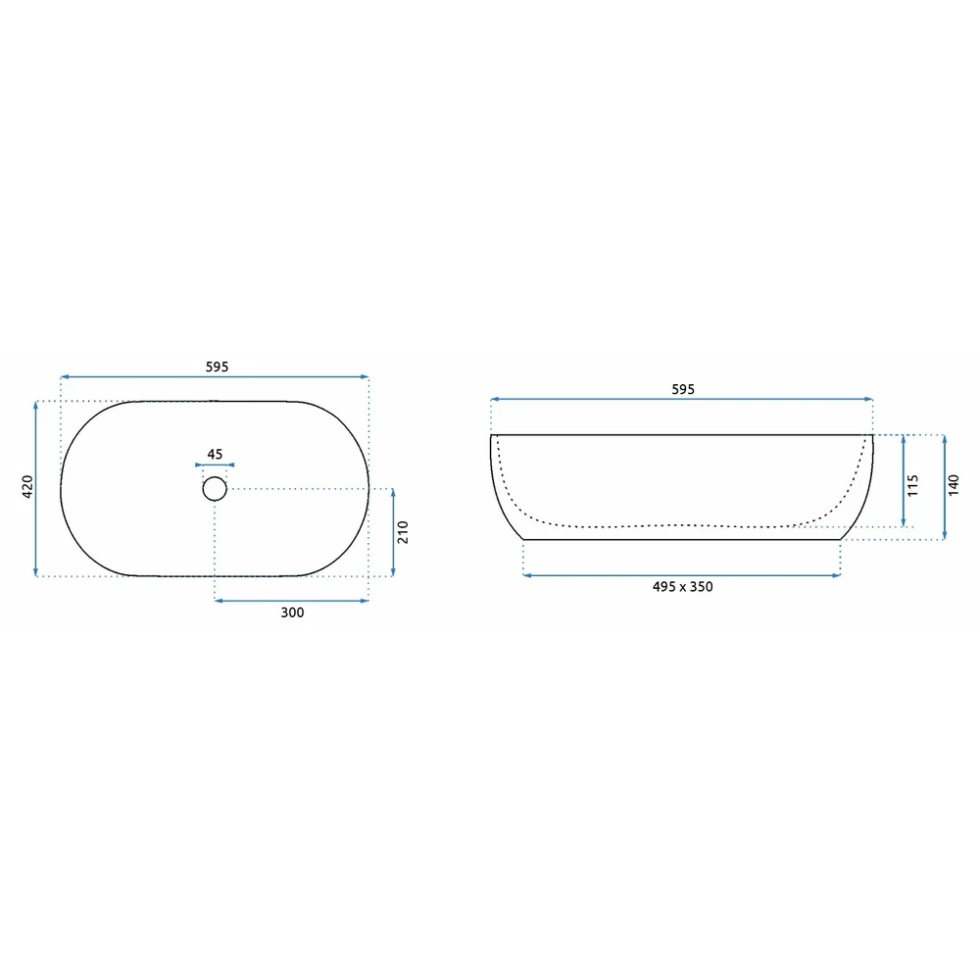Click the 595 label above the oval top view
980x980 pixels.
pyautogui.click(x=217, y=367)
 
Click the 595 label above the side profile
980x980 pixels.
pyautogui.click(x=683, y=389)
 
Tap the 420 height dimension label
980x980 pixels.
pyautogui.click(x=27, y=487)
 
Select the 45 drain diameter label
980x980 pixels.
pyautogui.click(x=215, y=455)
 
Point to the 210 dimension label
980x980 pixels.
pyautogui.click(x=403, y=532)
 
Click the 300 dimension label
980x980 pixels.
pyautogui.click(x=292, y=612)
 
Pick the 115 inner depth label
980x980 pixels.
pyautogui.click(x=912, y=486)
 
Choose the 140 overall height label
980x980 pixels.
pyautogui.click(x=954, y=486)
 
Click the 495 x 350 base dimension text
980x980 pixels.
pyautogui.click(x=682, y=587)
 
